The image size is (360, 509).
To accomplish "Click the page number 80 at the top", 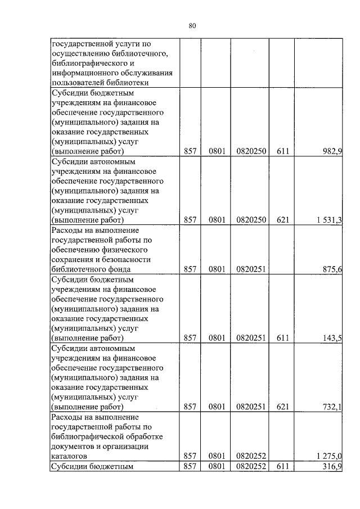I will pyautogui.click(x=192, y=25).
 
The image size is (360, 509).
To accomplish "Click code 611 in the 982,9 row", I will pyautogui.click(x=282, y=151).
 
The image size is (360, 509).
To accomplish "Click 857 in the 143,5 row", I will pyautogui.click(x=190, y=338).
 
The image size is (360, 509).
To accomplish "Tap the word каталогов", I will pyautogui.click(x=69, y=456).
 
